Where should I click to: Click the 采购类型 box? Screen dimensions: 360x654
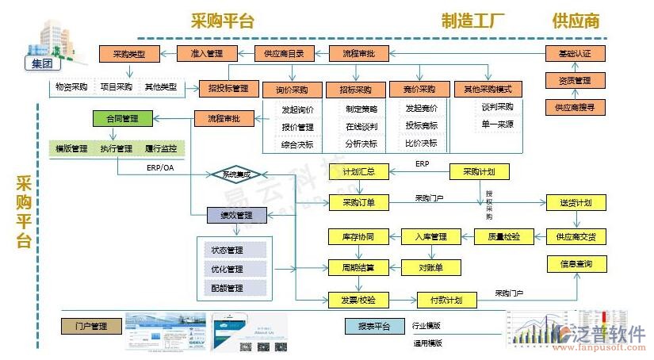click(129, 54)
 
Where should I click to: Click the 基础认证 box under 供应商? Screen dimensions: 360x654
click(575, 54)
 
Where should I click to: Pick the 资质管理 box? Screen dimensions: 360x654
click(575, 80)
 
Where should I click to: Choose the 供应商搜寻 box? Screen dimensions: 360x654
click(575, 106)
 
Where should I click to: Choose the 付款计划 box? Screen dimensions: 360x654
click(446, 300)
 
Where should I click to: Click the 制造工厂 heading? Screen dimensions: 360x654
click(473, 21)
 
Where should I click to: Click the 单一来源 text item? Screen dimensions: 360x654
click(497, 124)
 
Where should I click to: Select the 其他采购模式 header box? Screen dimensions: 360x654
click(488, 90)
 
